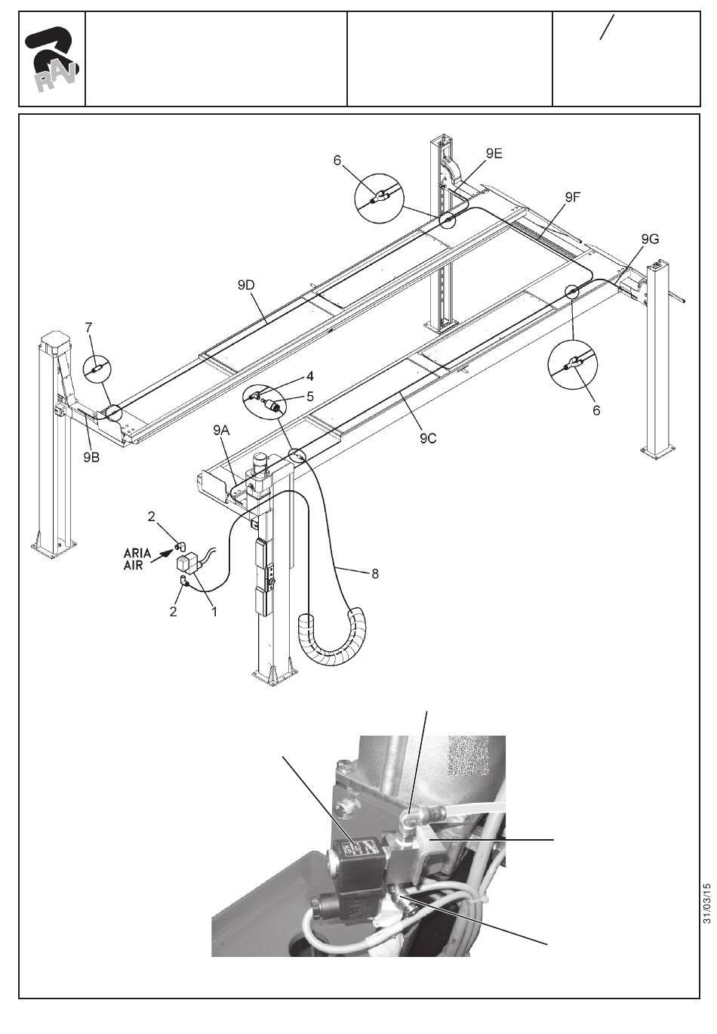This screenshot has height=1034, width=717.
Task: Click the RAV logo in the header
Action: click(51, 60)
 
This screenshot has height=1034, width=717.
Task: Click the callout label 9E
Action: click(494, 153)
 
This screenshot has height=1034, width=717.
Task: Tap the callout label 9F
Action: click(572, 197)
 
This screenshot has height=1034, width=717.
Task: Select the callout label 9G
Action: click(650, 239)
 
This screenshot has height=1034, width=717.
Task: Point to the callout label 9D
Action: click(246, 286)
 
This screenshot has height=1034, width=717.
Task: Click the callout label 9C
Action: click(428, 439)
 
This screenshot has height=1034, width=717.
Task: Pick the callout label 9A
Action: click(221, 431)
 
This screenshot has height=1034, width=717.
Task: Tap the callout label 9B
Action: click(91, 458)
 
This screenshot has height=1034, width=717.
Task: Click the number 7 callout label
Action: click(88, 328)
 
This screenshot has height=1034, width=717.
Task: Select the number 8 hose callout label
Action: click(375, 574)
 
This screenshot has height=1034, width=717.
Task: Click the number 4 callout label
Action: click(310, 376)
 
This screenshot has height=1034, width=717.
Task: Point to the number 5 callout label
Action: click(310, 396)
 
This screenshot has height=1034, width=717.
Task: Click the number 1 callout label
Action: click(214, 612)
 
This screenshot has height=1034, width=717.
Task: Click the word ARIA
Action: click(137, 553)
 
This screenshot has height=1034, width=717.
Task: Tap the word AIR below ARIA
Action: click(133, 565)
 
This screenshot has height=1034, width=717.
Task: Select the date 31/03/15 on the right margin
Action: click(707, 903)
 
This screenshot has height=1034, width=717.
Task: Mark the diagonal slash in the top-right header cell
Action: click(607, 27)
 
